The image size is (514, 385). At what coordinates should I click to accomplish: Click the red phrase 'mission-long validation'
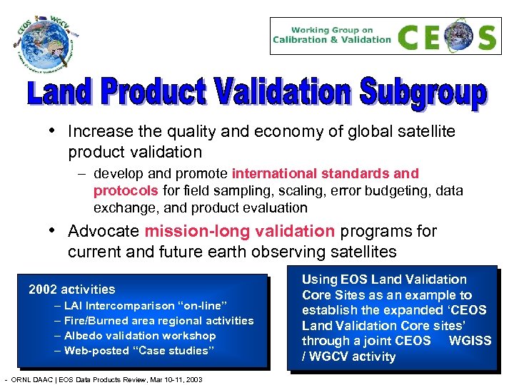(239, 231)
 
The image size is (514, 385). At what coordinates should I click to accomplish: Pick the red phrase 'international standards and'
(325, 173)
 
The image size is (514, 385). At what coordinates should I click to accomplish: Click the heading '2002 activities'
(71, 289)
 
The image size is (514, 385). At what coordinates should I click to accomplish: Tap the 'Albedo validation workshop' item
(139, 335)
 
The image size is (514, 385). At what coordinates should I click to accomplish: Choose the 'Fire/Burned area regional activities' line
(158, 321)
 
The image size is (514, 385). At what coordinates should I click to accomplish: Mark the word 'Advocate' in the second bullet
(103, 231)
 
